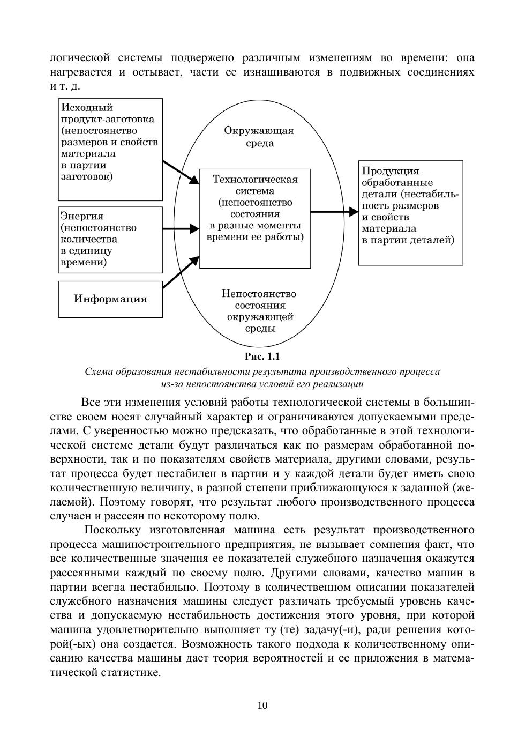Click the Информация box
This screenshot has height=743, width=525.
pyautogui.click(x=110, y=299)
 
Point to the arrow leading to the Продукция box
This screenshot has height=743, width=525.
pyautogui.click(x=334, y=212)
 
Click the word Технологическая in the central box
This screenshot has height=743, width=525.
pyautogui.click(x=255, y=180)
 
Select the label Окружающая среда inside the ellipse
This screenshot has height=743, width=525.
pyautogui.click(x=259, y=137)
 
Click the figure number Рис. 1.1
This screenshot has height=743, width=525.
pyautogui.click(x=262, y=356)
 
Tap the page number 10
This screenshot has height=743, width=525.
pyautogui.click(x=262, y=705)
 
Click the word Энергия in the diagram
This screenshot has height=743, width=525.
pyautogui.click(x=81, y=216)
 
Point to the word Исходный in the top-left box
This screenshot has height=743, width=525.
pyautogui.click(x=87, y=107)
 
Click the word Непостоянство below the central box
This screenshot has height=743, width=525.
pyautogui.click(x=259, y=294)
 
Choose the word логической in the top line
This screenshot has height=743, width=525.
pyautogui.click(x=80, y=57)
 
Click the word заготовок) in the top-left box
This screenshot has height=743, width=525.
pyautogui.click(x=87, y=177)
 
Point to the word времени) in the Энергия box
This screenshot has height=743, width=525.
pyautogui.click(x=83, y=262)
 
